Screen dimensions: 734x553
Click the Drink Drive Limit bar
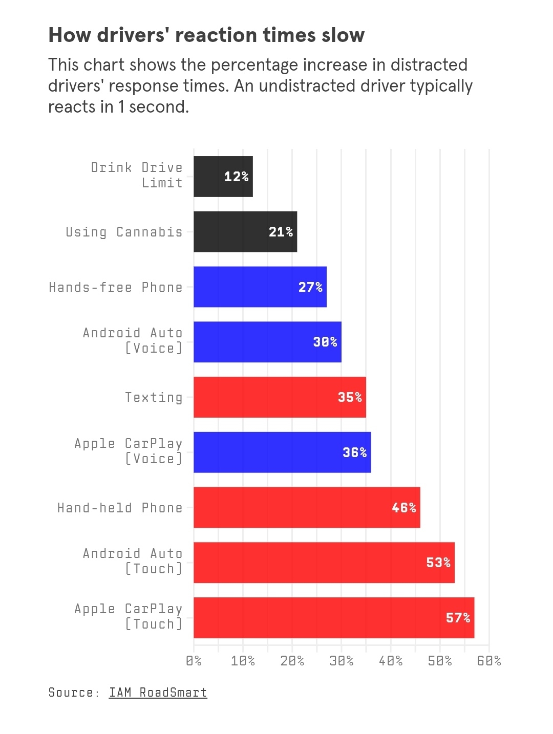click(x=223, y=177)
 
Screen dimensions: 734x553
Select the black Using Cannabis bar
click(x=245, y=232)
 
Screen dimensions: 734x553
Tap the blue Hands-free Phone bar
click(x=260, y=287)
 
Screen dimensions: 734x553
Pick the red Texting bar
click(x=280, y=397)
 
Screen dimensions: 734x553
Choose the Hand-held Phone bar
click(x=307, y=508)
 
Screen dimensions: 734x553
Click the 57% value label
click(x=458, y=618)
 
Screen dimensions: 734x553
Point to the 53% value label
click(x=438, y=563)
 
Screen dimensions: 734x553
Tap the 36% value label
click(x=354, y=452)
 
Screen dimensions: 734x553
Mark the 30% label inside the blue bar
click(x=325, y=342)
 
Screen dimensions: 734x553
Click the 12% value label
click(x=236, y=177)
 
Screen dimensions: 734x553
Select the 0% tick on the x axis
click(x=194, y=661)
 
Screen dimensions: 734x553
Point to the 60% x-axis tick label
click(x=489, y=661)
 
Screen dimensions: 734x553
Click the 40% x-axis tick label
click(x=391, y=661)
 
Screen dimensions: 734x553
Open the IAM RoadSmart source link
click(x=158, y=693)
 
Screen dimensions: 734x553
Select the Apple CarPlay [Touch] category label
click(x=129, y=616)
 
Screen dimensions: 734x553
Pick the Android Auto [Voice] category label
click(x=133, y=340)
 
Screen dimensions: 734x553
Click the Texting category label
click(x=154, y=398)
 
